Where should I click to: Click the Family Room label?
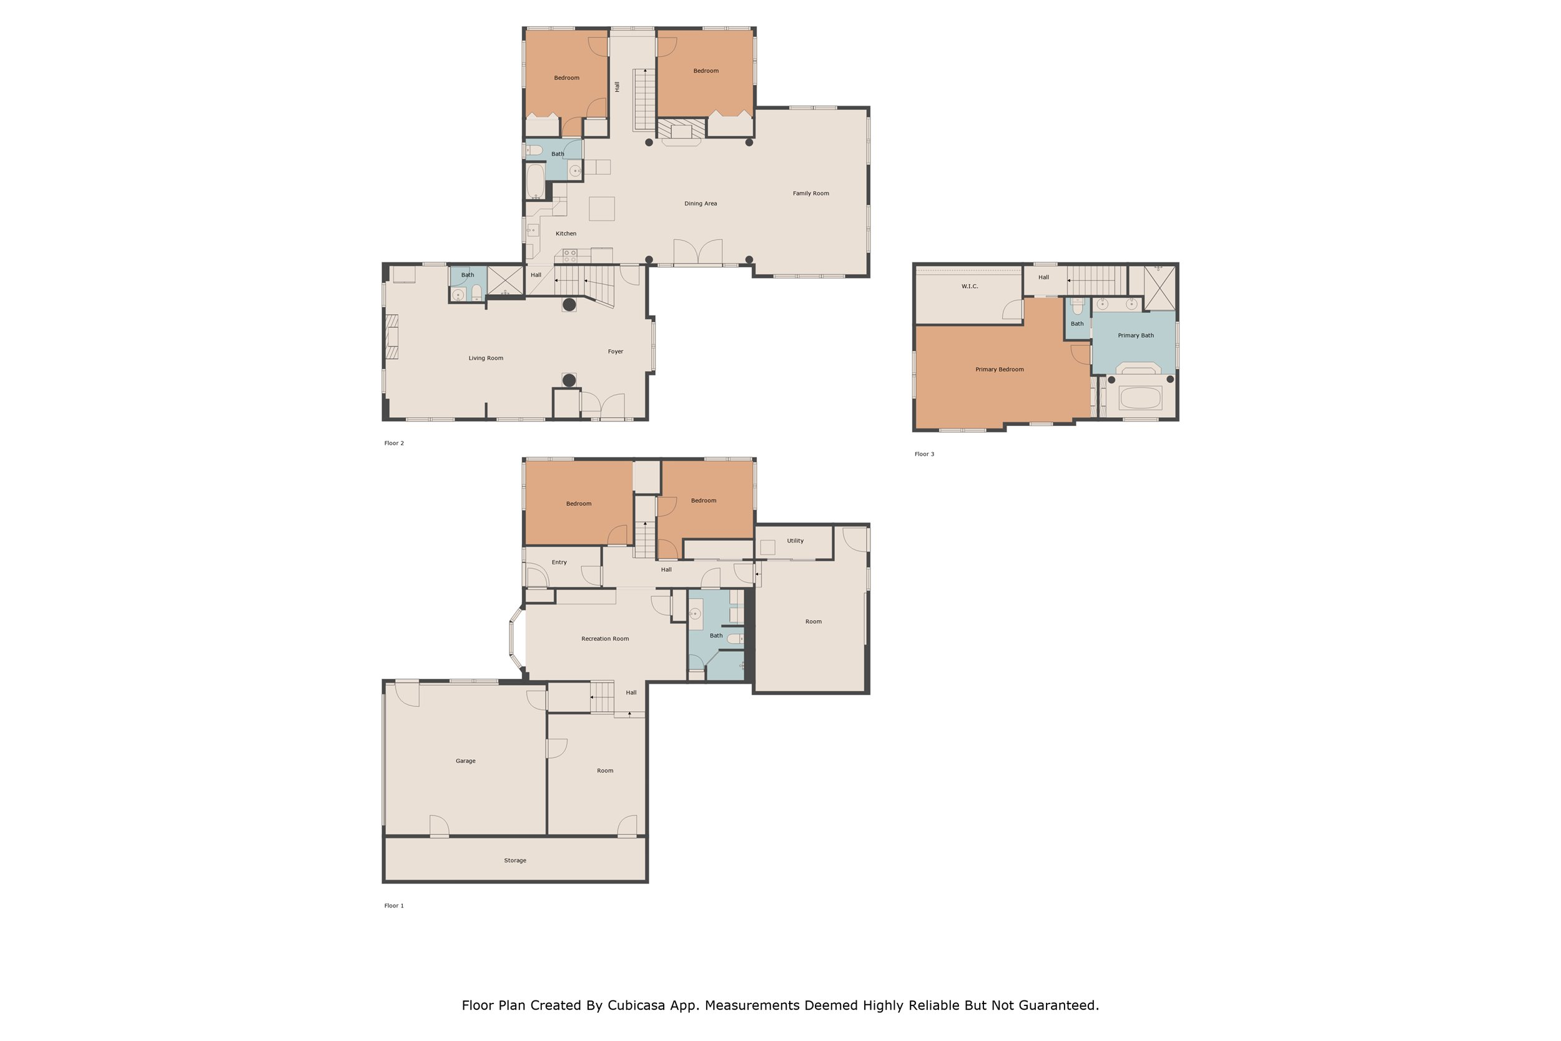(x=810, y=193)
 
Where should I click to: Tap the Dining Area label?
(x=700, y=203)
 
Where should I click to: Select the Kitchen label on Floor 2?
(x=566, y=233)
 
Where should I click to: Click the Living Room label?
(x=485, y=358)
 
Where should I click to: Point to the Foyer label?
(x=615, y=351)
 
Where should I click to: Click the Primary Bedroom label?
(x=999, y=369)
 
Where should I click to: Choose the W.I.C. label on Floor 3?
(x=969, y=286)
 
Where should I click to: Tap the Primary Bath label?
(x=1135, y=335)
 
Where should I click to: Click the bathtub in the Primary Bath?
(x=1140, y=398)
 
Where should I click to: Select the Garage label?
(x=465, y=761)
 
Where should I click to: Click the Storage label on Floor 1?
(x=515, y=861)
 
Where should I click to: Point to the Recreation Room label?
(x=604, y=639)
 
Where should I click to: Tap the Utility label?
(x=794, y=540)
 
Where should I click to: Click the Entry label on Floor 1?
(x=559, y=561)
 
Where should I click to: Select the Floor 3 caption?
(x=924, y=454)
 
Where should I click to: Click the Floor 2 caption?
(x=393, y=443)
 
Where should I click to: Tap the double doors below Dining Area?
(x=697, y=252)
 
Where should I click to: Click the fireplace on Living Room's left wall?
(x=391, y=336)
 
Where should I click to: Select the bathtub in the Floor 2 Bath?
(x=535, y=180)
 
